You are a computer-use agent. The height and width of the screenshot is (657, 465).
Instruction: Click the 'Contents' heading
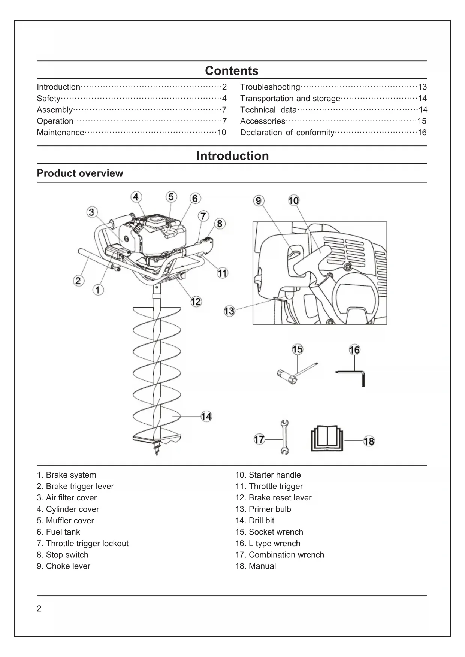(x=232, y=71)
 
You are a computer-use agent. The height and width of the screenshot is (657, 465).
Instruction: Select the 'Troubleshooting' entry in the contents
(x=270, y=87)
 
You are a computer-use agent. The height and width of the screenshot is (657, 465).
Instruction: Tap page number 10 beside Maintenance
(x=221, y=133)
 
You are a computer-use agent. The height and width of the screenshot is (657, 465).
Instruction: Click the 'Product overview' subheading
(x=80, y=173)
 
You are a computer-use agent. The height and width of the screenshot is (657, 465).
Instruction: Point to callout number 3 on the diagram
(x=91, y=212)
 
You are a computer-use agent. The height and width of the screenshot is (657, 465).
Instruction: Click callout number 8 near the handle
(x=220, y=224)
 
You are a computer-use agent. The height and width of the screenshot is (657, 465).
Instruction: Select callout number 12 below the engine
(x=196, y=302)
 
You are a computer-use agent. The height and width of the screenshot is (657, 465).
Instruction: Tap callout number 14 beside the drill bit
(x=206, y=417)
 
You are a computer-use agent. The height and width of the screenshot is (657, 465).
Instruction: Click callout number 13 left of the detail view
(x=229, y=311)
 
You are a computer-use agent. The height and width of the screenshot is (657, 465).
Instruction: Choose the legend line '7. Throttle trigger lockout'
(x=82, y=544)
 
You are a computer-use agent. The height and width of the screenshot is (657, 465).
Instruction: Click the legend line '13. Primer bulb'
(x=263, y=509)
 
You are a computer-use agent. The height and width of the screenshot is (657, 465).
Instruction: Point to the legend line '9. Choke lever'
(x=63, y=566)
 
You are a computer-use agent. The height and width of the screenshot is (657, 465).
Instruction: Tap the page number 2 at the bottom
(x=39, y=609)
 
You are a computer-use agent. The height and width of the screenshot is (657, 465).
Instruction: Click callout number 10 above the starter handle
(x=293, y=201)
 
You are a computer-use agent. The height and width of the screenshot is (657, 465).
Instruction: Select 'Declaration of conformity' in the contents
(x=287, y=133)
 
